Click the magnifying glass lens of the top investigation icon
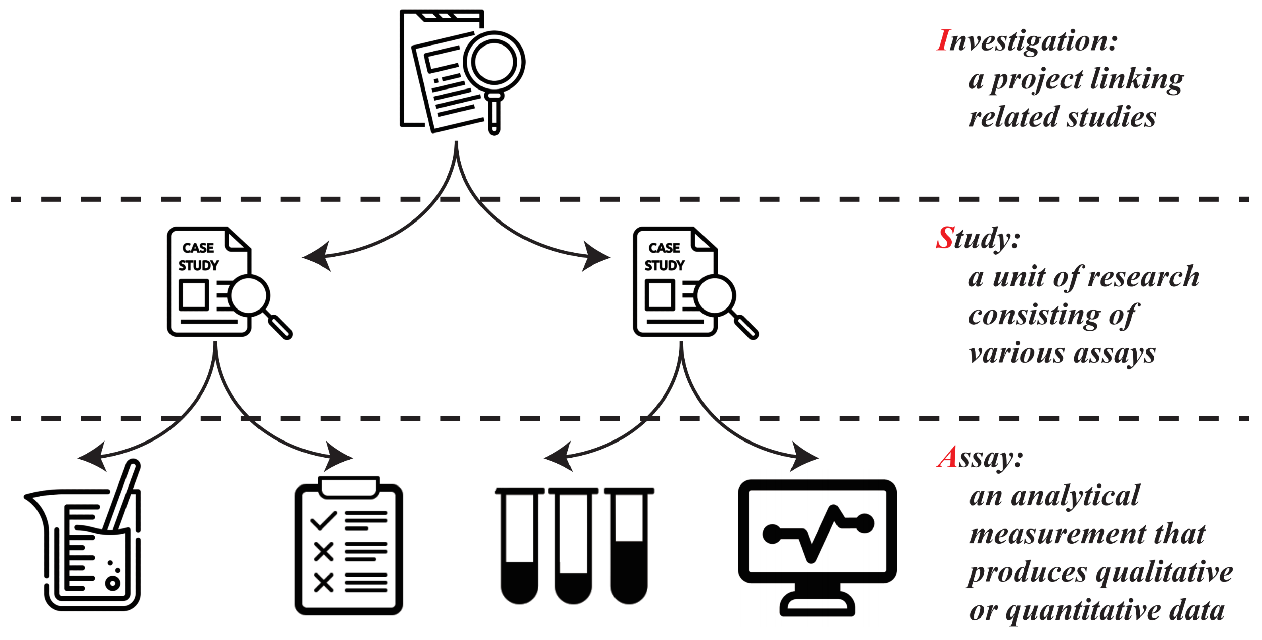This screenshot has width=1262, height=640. [494, 62]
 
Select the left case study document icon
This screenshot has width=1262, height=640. [210, 282]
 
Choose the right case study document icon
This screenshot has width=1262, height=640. [676, 282]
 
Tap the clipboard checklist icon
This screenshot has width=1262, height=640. [349, 546]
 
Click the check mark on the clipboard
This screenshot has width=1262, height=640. [323, 521]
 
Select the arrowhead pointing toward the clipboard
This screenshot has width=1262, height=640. [341, 457]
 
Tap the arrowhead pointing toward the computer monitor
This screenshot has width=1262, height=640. [806, 457]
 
